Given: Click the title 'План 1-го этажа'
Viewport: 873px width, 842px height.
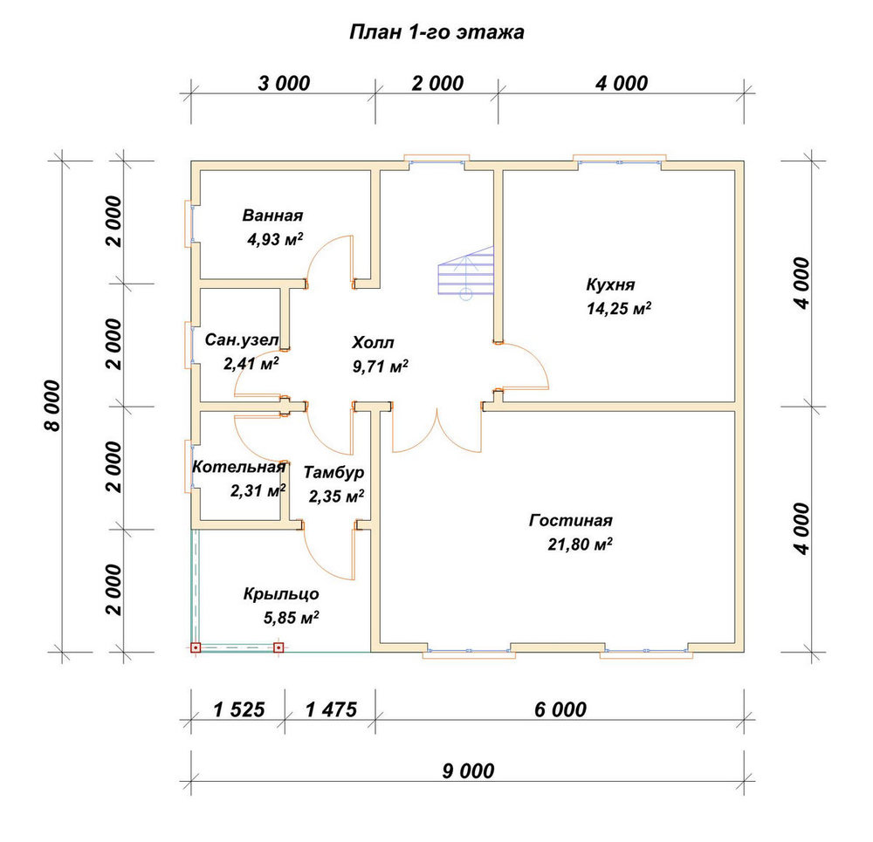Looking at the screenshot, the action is click(436, 33).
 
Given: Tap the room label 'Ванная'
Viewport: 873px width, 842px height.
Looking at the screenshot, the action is click(272, 216).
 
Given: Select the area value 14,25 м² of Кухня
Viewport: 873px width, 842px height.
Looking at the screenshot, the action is click(619, 308).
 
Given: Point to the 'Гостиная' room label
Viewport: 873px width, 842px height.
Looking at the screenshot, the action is click(571, 520).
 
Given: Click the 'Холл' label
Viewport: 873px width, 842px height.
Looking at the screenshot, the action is click(373, 342).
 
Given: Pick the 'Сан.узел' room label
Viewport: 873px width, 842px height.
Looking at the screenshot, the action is click(242, 339).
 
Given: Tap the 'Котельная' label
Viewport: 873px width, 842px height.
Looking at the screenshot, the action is click(239, 467).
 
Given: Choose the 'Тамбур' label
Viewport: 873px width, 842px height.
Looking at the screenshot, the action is click(334, 472).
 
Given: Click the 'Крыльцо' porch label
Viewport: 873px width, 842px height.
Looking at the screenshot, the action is click(281, 594).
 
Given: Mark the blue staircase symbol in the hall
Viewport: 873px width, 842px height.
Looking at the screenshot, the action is click(466, 273).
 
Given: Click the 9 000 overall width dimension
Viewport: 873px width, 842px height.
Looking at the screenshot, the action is click(468, 771).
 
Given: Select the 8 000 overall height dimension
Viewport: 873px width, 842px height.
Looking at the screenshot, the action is click(52, 407).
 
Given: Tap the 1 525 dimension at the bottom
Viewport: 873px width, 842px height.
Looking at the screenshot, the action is click(239, 710).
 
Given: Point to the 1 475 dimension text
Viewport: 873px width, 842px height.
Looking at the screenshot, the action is click(331, 710).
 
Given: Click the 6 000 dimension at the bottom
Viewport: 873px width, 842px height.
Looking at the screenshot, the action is click(560, 710).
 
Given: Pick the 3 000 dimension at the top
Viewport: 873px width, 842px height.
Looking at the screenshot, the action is click(284, 84).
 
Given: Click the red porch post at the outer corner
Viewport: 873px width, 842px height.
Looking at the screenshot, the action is click(196, 647).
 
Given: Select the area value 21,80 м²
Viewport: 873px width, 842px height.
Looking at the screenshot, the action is click(581, 544).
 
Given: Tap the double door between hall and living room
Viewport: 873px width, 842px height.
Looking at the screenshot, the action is click(437, 428).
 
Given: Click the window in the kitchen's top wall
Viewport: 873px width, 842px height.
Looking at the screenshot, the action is click(620, 161).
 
